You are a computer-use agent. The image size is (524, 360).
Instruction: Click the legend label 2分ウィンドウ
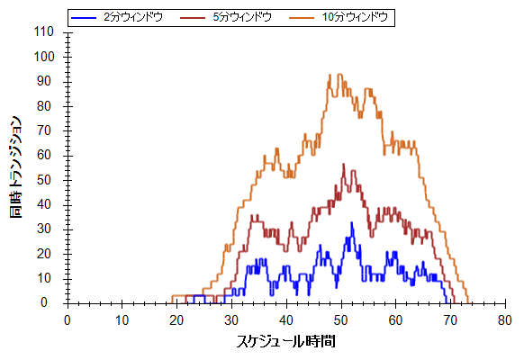coord(133,17)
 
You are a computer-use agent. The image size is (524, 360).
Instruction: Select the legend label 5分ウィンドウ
coord(242,17)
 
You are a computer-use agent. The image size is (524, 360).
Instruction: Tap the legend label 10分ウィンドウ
coord(355,17)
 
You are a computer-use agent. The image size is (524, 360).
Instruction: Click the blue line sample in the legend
coord(84,17)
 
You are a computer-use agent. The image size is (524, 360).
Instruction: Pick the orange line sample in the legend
coord(302,17)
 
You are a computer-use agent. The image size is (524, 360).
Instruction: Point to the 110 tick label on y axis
coord(44,32)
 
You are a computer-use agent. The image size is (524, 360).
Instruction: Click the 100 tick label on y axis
coord(44,57)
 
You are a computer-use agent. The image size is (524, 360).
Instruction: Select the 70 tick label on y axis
coord(45,130)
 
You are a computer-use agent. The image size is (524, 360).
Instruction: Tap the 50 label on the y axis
coord(45,180)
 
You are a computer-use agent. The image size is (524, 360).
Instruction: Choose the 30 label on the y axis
coord(45,229)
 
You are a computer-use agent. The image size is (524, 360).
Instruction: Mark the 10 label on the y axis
coord(45,278)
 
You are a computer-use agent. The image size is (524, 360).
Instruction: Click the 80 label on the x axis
coord(504,320)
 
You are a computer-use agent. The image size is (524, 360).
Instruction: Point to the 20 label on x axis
coord(176,320)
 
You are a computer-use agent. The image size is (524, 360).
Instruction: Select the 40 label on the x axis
coord(286,320)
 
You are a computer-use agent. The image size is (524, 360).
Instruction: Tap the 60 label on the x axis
coord(395,320)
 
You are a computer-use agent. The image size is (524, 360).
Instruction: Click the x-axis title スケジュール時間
coord(286,342)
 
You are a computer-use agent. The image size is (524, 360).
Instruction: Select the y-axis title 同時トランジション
coord(15,167)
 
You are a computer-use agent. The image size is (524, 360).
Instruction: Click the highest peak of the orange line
coord(339,74)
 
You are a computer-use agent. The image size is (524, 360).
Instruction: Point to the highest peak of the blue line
coord(351,222)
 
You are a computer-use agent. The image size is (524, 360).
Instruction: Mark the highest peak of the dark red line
coord(343,164)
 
